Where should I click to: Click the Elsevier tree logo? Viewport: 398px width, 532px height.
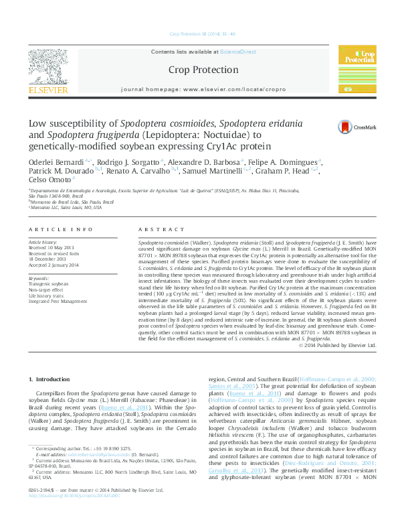click(x=47, y=66)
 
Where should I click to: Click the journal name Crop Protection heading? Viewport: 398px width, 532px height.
click(x=199, y=69)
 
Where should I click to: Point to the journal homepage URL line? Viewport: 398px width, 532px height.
click(x=199, y=88)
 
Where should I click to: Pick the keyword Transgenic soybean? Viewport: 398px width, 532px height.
click(x=48, y=284)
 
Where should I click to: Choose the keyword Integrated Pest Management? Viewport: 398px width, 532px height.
click(x=58, y=302)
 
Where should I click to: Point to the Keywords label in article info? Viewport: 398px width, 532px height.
click(x=39, y=278)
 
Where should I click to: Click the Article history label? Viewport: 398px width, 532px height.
click(x=43, y=241)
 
